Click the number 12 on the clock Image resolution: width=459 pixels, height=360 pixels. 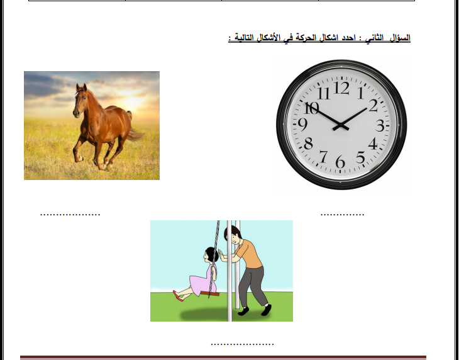(x=341, y=87)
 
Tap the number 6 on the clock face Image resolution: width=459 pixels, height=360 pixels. (x=340, y=161)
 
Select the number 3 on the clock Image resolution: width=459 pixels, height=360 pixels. (x=380, y=126)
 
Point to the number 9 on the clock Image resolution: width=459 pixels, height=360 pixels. (x=303, y=125)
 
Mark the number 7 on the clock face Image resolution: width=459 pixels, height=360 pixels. (x=323, y=157)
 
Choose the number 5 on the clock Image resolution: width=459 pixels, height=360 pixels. (x=360, y=157)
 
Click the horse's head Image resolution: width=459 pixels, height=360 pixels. (x=80, y=100)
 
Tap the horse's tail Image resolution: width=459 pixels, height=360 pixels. (x=135, y=134)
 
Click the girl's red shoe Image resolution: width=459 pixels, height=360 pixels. (x=178, y=296)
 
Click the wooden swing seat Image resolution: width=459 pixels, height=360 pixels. (x=210, y=293)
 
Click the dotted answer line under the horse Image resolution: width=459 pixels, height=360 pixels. (x=70, y=215)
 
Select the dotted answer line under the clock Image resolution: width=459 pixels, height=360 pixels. (x=342, y=215)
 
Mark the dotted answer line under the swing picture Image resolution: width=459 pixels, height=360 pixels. (x=242, y=344)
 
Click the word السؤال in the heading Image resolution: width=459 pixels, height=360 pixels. (x=401, y=38)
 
